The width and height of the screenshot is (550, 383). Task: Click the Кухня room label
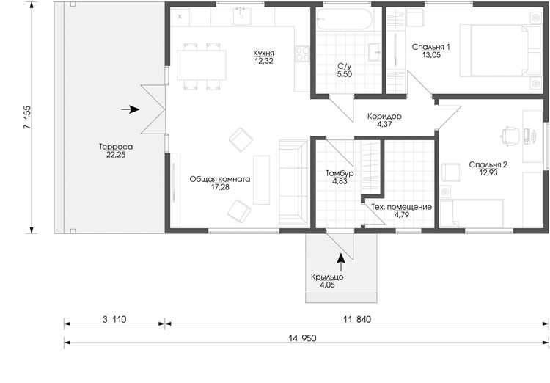[x=264, y=53]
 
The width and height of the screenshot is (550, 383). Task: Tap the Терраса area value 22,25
[x=116, y=155]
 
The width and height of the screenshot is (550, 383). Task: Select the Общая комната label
[x=220, y=179]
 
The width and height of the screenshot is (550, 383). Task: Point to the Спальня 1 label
[x=431, y=47]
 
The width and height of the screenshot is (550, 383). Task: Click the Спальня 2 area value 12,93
[x=488, y=172]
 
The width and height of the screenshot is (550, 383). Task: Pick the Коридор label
[x=384, y=116]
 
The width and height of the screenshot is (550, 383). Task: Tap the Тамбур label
[x=340, y=173]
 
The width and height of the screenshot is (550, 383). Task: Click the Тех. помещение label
[x=402, y=207]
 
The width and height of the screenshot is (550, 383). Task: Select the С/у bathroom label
[x=345, y=66]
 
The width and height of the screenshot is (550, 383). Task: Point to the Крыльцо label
[x=327, y=277]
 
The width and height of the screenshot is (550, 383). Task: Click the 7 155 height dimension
[x=27, y=117]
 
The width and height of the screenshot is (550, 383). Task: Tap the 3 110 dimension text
[x=114, y=319]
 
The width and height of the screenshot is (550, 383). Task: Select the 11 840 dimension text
[x=356, y=319]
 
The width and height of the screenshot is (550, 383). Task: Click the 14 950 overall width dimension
[x=302, y=338]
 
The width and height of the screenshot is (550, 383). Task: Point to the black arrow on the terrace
[x=130, y=109]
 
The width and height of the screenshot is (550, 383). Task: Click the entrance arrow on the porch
[x=340, y=263]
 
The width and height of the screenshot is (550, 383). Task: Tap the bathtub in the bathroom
[x=343, y=19]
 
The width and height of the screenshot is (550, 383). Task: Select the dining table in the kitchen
[x=202, y=65]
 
